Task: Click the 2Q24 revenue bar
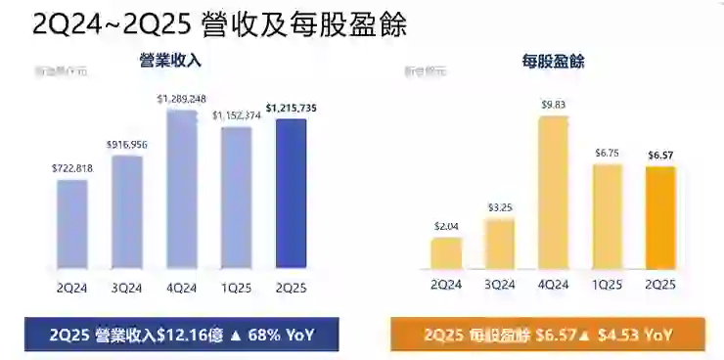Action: coord(72,224)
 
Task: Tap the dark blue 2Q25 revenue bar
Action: coord(291,194)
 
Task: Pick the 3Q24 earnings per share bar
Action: coord(500,244)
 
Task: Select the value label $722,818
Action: coord(72,169)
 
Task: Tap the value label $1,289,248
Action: coord(182,99)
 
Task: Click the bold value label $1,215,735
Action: coord(292,109)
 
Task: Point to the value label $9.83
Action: coord(554,105)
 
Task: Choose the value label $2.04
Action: coord(446,227)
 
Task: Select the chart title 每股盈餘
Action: coord(554,62)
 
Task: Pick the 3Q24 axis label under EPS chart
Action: coord(500,285)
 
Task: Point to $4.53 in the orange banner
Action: coord(621,335)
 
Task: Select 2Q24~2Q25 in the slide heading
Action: coord(107,22)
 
